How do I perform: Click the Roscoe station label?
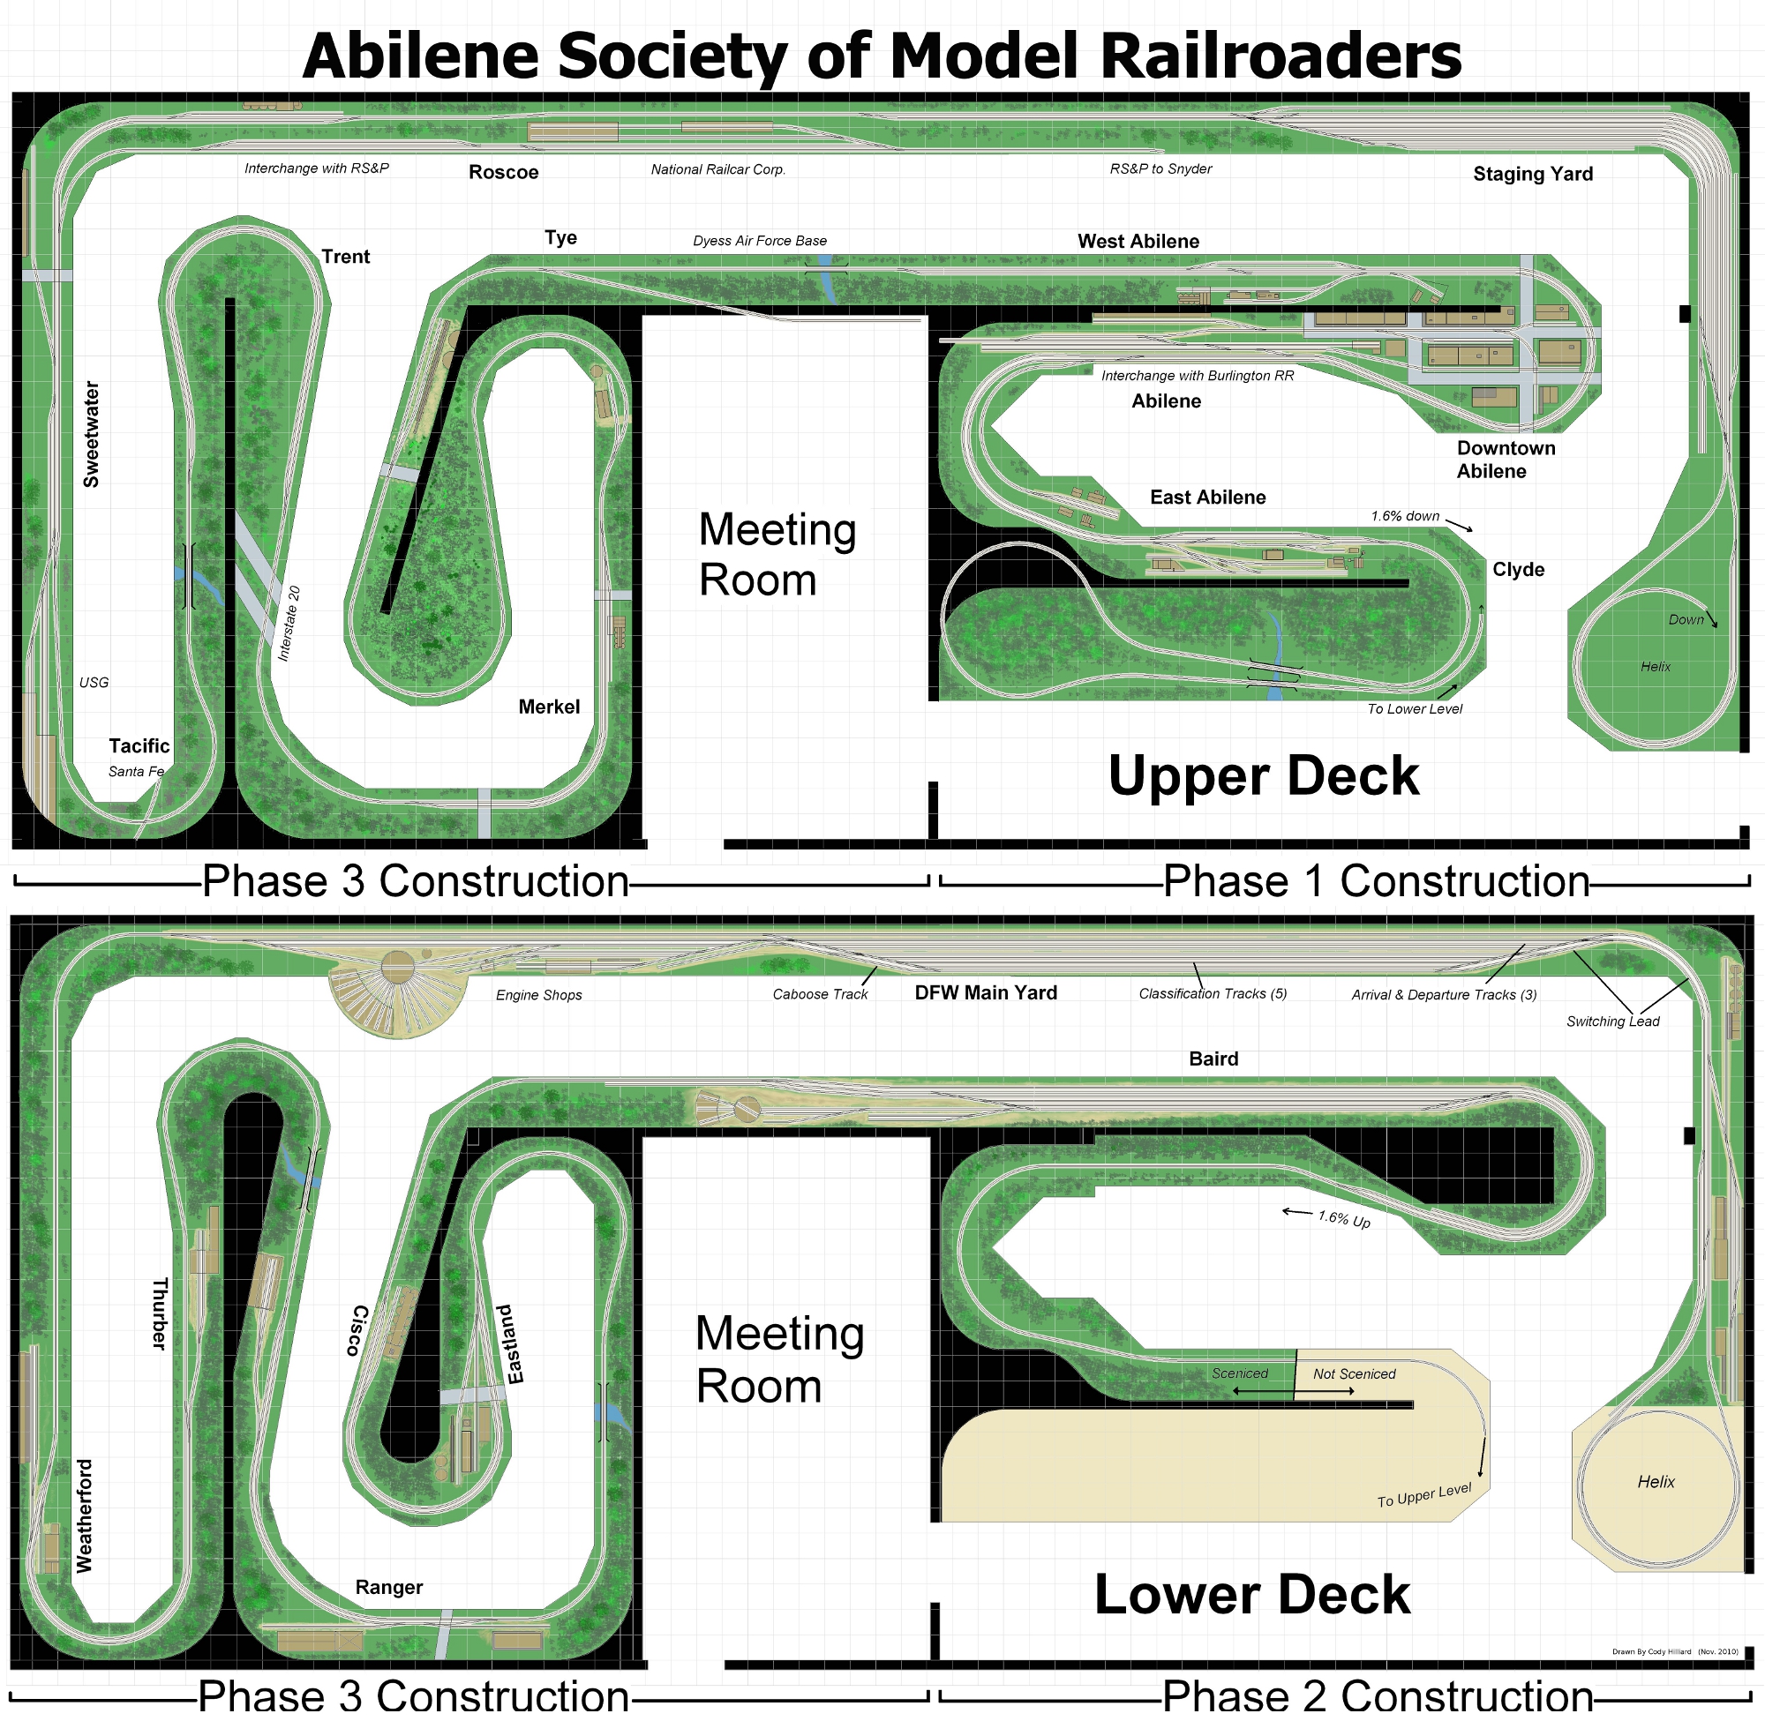tap(503, 173)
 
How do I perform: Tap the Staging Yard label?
tap(1533, 175)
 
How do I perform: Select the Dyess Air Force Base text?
tap(760, 242)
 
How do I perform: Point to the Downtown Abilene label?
tap(1506, 460)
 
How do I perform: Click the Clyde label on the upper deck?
tap(1518, 571)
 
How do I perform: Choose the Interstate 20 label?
tap(289, 624)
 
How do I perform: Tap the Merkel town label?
tap(549, 707)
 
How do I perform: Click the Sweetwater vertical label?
tap(91, 435)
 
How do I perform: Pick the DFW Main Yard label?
tap(986, 993)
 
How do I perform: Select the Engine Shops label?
tap(539, 995)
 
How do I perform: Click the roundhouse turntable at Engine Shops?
tap(397, 968)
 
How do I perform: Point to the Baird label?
tap(1213, 1059)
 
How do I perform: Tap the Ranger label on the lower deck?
tap(389, 1587)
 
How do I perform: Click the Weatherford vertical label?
tap(84, 1515)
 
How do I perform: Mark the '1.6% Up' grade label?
tap(1344, 1219)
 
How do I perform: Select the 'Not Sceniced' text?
tap(1354, 1374)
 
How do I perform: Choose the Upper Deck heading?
tap(1263, 776)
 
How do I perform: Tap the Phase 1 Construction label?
tap(1375, 881)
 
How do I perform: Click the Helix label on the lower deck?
tap(1656, 1481)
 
